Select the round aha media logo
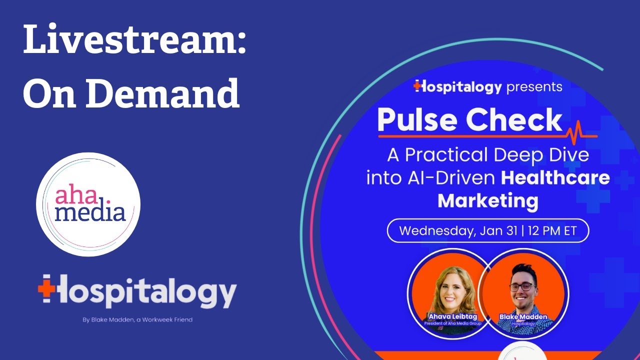tap(88, 204)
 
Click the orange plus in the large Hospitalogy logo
tap(45, 289)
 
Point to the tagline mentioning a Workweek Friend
tap(137, 320)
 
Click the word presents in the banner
tap(534, 87)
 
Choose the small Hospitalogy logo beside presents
tap(457, 87)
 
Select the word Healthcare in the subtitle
tap(555, 178)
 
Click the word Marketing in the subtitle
tap(488, 201)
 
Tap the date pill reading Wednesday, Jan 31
tap(487, 231)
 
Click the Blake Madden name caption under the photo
tap(523, 316)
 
